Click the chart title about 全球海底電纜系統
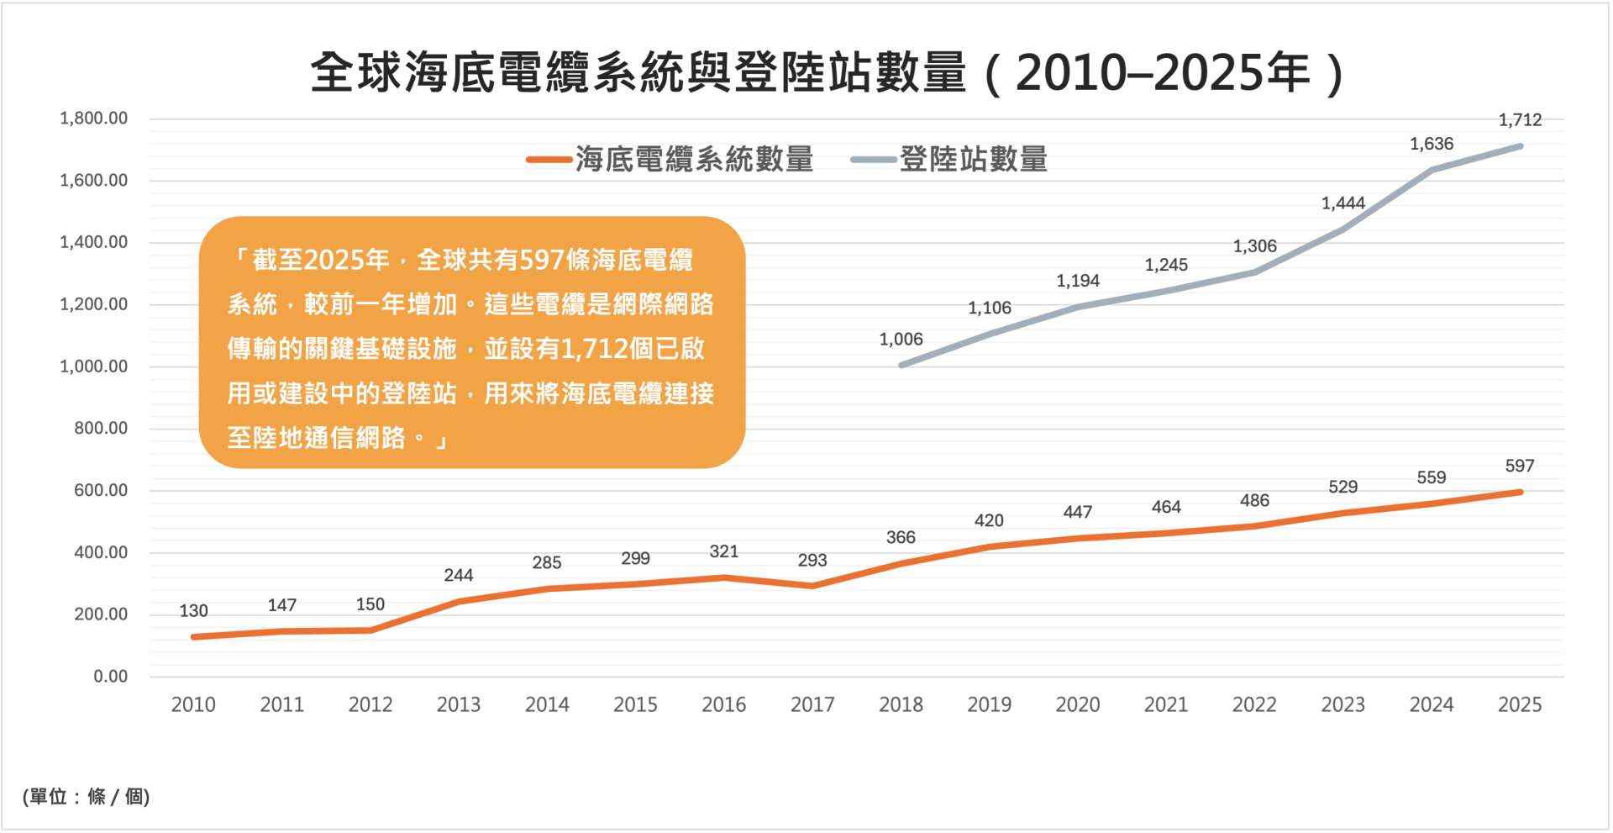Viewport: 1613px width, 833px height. (x=828, y=72)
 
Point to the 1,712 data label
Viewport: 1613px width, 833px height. (x=1520, y=120)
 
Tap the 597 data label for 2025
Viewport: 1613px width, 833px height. (x=1519, y=466)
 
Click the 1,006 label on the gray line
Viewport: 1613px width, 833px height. (x=901, y=340)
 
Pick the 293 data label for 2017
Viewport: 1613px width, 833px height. (x=812, y=561)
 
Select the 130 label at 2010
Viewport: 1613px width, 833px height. (x=193, y=611)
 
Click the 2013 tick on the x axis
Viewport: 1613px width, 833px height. (x=458, y=704)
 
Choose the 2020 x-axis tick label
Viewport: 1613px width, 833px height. (x=1077, y=704)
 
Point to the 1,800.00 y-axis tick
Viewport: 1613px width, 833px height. (x=93, y=119)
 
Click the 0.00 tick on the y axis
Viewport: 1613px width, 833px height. (x=110, y=677)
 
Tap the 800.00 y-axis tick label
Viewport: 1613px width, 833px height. (x=101, y=429)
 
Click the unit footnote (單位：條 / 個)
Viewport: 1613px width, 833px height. (x=87, y=796)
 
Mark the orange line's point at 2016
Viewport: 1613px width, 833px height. (x=723, y=577)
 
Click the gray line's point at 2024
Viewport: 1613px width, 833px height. (x=1431, y=170)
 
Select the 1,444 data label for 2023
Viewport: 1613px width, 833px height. (x=1342, y=203)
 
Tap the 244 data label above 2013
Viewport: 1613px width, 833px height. (x=458, y=576)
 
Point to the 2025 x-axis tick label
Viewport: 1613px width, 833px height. (x=1519, y=704)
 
